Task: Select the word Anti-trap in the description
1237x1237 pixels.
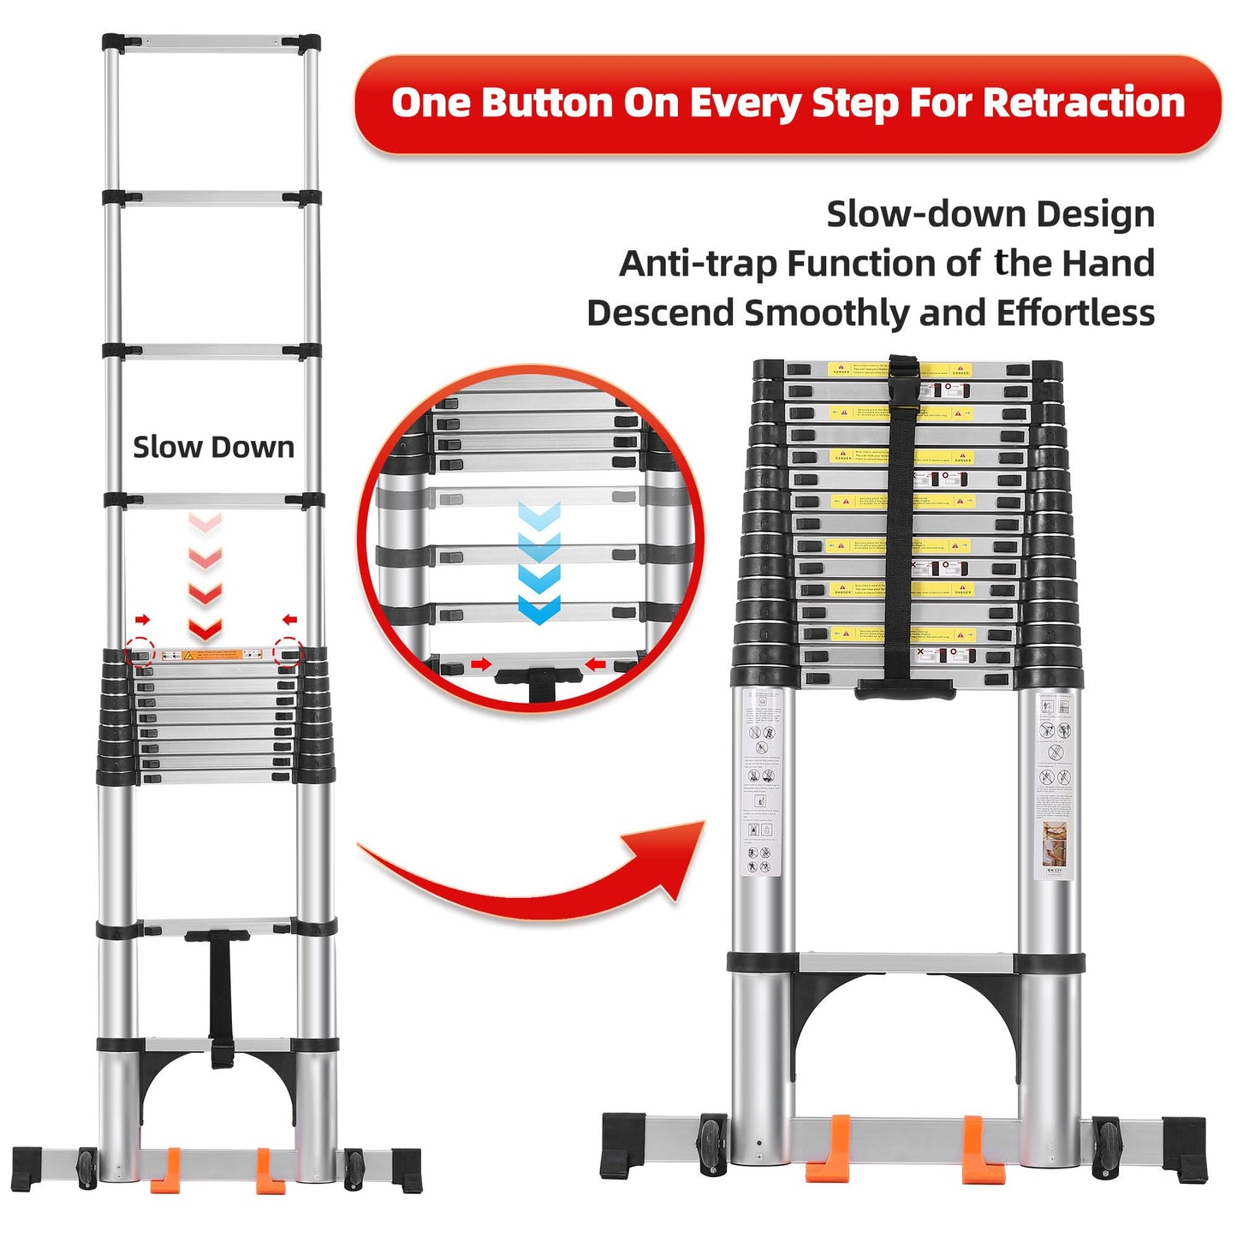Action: tap(698, 264)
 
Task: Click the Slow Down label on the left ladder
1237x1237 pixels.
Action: tap(213, 447)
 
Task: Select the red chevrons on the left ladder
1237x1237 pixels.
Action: tap(205, 578)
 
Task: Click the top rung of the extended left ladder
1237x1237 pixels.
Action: tap(211, 41)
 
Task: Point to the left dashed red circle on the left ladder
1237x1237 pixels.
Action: tap(140, 652)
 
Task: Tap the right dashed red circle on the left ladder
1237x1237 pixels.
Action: tap(288, 652)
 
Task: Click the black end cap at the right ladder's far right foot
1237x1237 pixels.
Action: tap(1185, 1150)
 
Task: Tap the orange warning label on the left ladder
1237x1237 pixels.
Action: tap(213, 655)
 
